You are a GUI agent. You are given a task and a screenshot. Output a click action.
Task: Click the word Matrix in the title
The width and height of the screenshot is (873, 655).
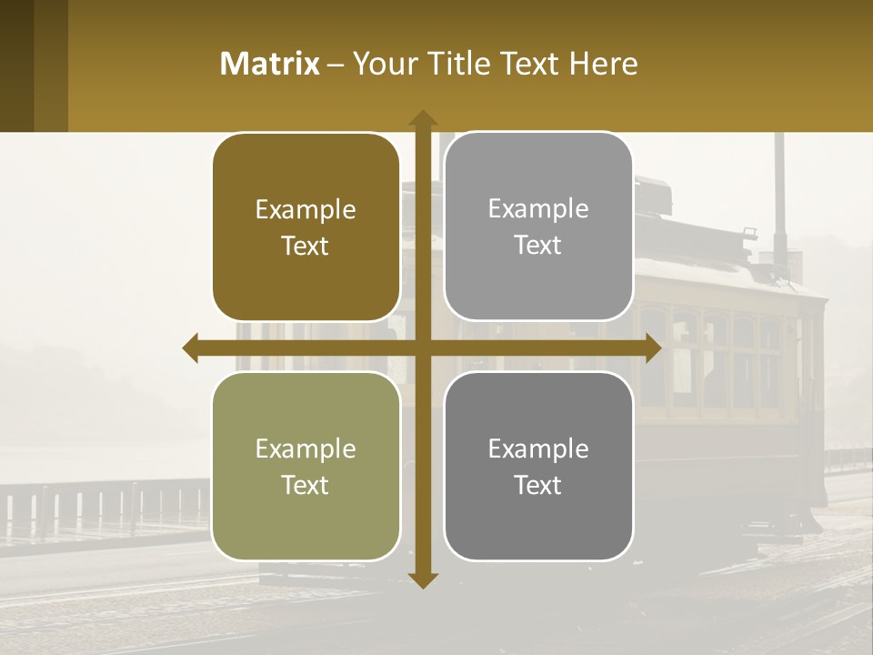pos(270,64)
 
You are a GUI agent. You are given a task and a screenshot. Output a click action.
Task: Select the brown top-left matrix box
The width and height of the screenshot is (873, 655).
pos(306,227)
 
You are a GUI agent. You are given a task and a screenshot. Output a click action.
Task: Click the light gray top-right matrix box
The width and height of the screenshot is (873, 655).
pos(538,227)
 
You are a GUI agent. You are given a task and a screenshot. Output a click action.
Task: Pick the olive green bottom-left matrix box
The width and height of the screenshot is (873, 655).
pos(306,466)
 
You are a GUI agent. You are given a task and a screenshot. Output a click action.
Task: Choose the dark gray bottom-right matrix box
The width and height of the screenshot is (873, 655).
pos(538,466)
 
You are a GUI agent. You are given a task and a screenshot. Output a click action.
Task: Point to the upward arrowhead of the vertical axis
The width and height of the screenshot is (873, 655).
pos(423,118)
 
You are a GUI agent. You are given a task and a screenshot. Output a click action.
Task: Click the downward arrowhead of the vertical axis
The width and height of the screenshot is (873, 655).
pos(423,579)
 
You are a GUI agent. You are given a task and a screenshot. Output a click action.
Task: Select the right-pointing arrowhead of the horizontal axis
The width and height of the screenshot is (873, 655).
pos(653,348)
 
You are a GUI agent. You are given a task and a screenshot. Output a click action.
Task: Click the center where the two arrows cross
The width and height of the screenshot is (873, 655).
pos(423,348)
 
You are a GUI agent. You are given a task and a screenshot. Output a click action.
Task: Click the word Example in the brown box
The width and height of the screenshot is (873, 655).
pos(306,210)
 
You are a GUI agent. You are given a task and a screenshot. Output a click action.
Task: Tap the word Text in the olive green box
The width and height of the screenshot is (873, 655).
pos(306,485)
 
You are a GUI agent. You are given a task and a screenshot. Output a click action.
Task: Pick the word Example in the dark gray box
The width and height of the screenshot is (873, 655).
pos(538,448)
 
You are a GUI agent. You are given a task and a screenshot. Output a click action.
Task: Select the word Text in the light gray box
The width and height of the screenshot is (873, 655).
pos(538,246)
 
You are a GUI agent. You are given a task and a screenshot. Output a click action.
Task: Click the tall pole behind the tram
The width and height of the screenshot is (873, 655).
pos(779,191)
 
